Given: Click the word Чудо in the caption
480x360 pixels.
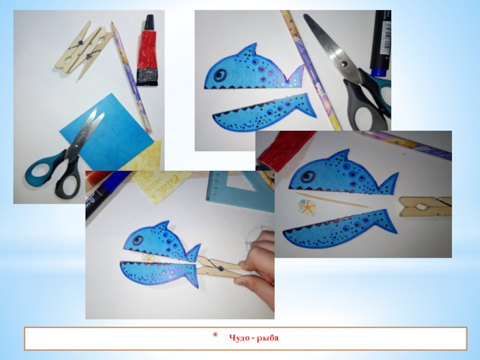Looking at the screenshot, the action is point(238,338).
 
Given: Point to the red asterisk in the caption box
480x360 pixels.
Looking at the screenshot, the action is point(215,335).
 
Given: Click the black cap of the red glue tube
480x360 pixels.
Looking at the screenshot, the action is point(149,23).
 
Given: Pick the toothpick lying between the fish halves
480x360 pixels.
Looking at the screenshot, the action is point(332,200).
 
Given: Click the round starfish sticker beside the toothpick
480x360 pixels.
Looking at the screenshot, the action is point(305,207).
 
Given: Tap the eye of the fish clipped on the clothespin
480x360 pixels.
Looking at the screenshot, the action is point(138,240).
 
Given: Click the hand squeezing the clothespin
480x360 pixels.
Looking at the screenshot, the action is point(257,260).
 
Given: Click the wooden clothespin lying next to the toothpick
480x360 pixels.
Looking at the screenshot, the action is point(425,206).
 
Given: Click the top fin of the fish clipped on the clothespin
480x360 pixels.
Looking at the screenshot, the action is point(162,227).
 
